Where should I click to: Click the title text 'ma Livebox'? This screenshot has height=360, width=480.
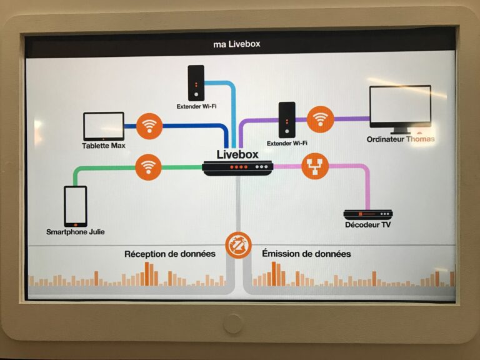point(236,44)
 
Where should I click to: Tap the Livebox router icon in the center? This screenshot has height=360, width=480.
point(237,167)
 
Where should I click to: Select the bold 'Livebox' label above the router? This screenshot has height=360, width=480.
point(237,154)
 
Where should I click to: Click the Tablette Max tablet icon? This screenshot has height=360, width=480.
point(104,126)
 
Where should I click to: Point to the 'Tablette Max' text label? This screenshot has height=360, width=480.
point(104,146)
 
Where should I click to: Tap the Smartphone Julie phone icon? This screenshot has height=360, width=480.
point(75,206)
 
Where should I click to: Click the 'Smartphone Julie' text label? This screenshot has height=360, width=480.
point(76,232)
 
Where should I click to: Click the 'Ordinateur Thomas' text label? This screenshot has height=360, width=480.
point(400,139)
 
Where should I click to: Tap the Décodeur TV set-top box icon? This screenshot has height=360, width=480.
point(368,214)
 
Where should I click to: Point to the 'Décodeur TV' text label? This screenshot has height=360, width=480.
point(368,225)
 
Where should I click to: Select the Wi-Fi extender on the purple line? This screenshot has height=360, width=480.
point(287,119)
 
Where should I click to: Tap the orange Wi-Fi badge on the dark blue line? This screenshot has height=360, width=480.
point(149,126)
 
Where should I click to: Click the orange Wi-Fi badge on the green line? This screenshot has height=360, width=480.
point(148,167)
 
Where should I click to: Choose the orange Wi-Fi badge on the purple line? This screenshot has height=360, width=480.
point(321,119)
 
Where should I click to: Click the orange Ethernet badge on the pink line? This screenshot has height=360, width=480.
point(314,166)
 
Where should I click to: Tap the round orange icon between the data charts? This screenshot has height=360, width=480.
point(239,244)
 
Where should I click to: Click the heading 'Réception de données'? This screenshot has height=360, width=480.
point(169,254)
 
